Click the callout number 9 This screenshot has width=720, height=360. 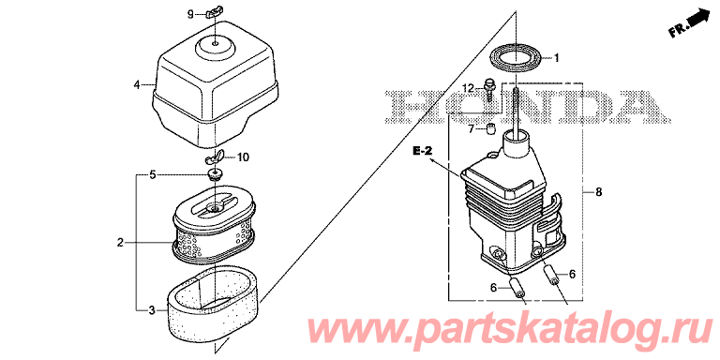pos(190,15)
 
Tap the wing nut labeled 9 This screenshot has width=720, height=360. pos(212,13)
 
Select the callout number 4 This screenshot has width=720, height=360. pos(136,84)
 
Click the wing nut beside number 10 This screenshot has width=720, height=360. pos(213,157)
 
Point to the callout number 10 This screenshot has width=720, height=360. pos(243,157)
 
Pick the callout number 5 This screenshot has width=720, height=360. pos(153,174)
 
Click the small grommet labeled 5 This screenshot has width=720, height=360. pos(215,174)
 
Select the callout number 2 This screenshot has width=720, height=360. pos(120,243)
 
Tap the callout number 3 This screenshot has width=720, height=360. pos(152,311)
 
